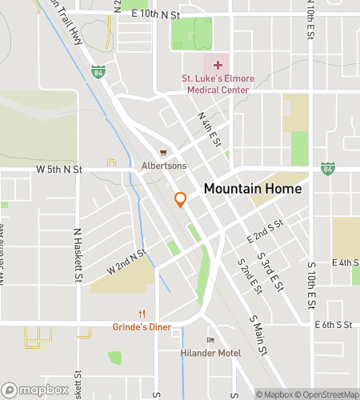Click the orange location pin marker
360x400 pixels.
(x=181, y=200)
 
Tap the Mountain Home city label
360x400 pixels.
(x=253, y=190)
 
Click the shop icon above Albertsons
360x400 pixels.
(x=163, y=154)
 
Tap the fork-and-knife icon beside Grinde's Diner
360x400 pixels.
(x=142, y=313)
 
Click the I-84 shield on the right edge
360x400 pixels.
(x=327, y=169)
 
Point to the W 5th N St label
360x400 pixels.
(x=59, y=170)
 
